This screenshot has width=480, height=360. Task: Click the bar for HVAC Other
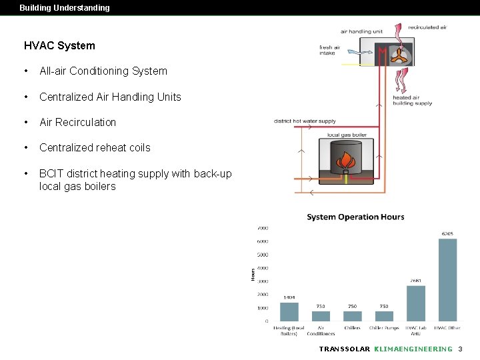tap(447, 280)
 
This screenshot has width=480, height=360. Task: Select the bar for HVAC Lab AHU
tap(416, 303)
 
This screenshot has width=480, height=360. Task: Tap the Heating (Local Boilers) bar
tap(289, 312)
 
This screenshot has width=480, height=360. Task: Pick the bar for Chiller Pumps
tap(384, 316)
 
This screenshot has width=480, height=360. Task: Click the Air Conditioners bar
tap(321, 316)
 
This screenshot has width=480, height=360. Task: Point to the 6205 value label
tap(447, 234)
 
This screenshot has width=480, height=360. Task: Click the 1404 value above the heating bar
tap(289, 297)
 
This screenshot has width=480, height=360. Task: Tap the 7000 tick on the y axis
tap(263, 228)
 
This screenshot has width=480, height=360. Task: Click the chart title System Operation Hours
tap(355, 217)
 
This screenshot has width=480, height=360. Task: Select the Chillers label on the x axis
tap(352, 328)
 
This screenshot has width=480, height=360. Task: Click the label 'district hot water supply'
tap(305, 121)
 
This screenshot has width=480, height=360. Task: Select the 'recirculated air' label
tap(427, 27)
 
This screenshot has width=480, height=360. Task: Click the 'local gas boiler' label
tap(347, 135)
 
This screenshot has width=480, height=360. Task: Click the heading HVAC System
tap(59, 46)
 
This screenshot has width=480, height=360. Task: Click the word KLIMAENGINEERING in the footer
tap(413, 349)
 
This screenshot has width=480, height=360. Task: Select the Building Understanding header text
tap(65, 8)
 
